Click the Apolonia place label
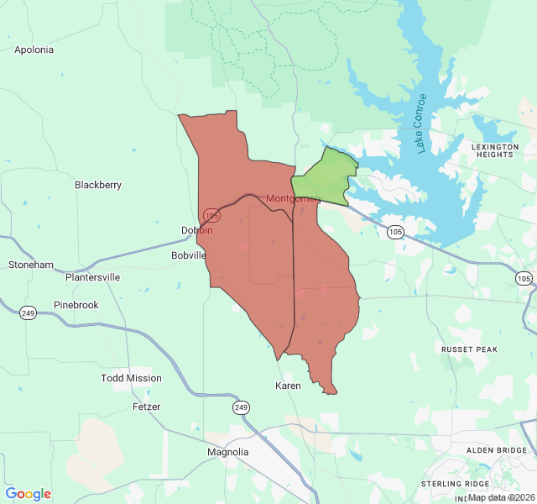(x=34, y=50)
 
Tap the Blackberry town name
(x=98, y=185)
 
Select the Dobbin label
(x=197, y=230)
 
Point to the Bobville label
(x=189, y=255)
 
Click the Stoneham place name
(x=31, y=265)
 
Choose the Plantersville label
(x=92, y=277)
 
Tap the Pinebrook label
(x=76, y=305)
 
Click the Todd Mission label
(x=131, y=378)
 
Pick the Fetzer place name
(x=146, y=407)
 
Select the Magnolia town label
(x=228, y=452)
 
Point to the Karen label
(x=288, y=386)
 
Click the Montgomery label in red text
(x=294, y=199)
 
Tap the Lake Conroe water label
(x=421, y=123)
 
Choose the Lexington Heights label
(x=495, y=150)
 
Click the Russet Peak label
(x=470, y=349)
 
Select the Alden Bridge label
(x=497, y=450)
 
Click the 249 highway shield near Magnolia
(x=241, y=407)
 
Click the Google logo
(x=28, y=494)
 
